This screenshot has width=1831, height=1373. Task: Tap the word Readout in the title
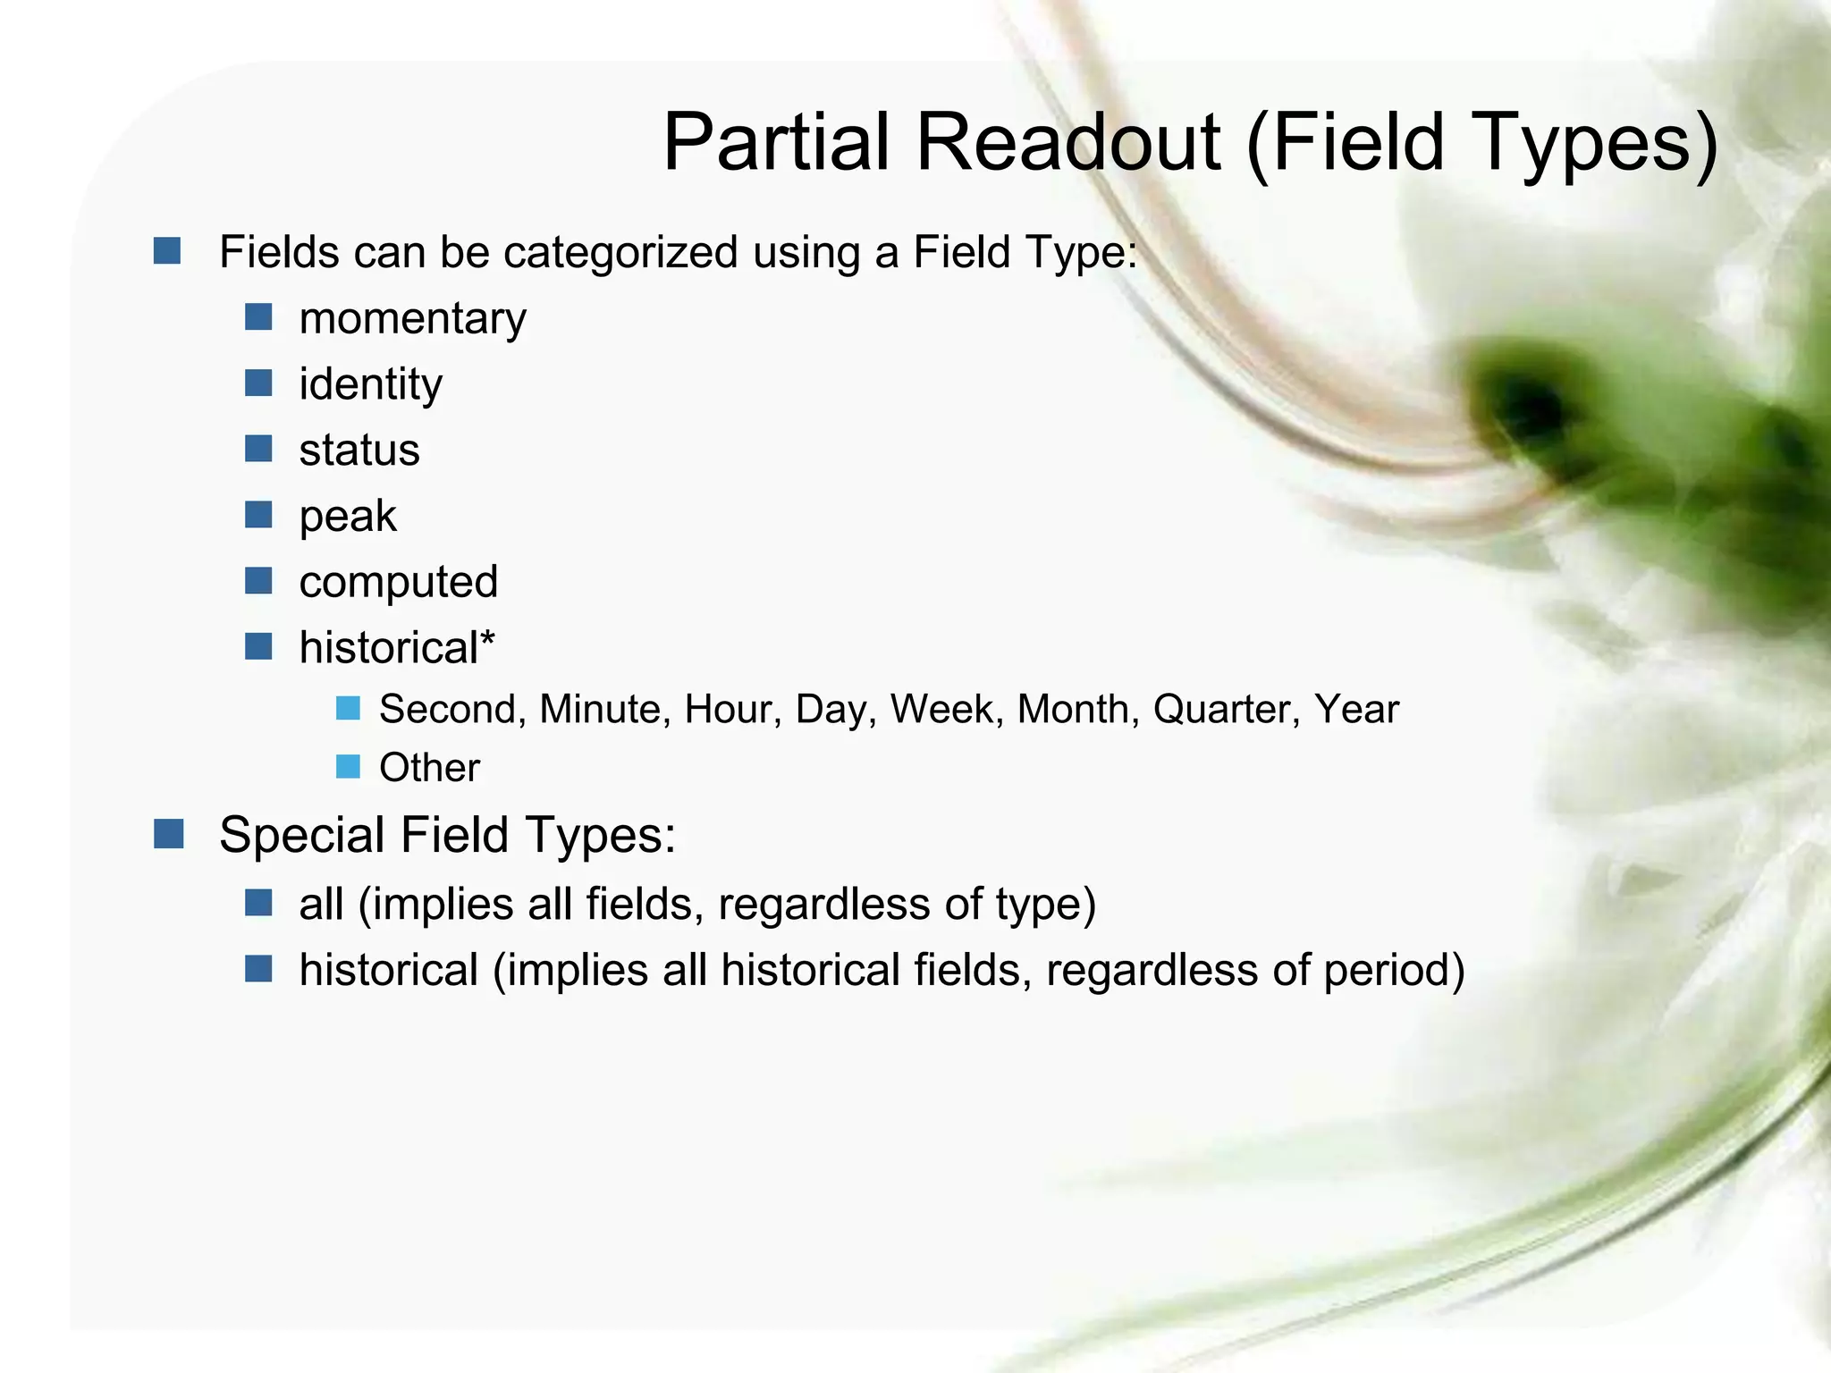(1067, 143)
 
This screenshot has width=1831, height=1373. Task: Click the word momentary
(412, 319)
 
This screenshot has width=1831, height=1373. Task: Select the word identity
(370, 385)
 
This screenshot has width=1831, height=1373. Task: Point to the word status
(359, 451)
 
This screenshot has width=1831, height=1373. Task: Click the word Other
(429, 768)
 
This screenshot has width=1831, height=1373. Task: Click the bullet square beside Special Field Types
(168, 834)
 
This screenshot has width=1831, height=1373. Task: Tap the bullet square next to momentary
(258, 316)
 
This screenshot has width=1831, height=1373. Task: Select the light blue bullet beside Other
(348, 766)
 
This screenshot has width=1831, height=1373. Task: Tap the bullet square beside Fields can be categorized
(167, 250)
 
